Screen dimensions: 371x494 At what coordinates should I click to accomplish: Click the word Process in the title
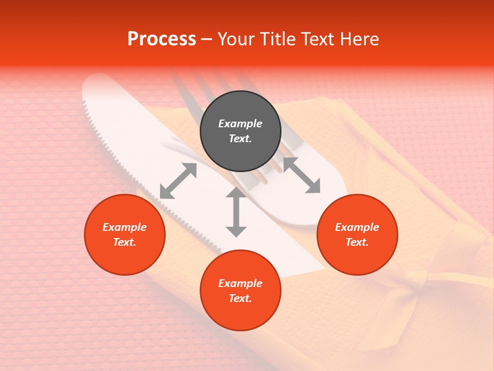(x=162, y=39)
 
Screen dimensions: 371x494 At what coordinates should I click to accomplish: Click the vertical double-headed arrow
(x=236, y=212)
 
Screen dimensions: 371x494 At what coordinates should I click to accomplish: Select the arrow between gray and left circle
(x=178, y=181)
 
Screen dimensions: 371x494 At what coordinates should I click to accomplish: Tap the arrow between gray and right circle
(x=302, y=176)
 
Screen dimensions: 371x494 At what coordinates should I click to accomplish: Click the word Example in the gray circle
(x=240, y=124)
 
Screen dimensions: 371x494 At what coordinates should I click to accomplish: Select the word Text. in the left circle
(x=125, y=242)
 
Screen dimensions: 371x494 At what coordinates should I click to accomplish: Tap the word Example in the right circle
(x=357, y=227)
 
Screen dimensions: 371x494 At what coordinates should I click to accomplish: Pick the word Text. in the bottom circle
(x=240, y=298)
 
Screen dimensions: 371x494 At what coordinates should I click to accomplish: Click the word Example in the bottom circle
(x=240, y=283)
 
